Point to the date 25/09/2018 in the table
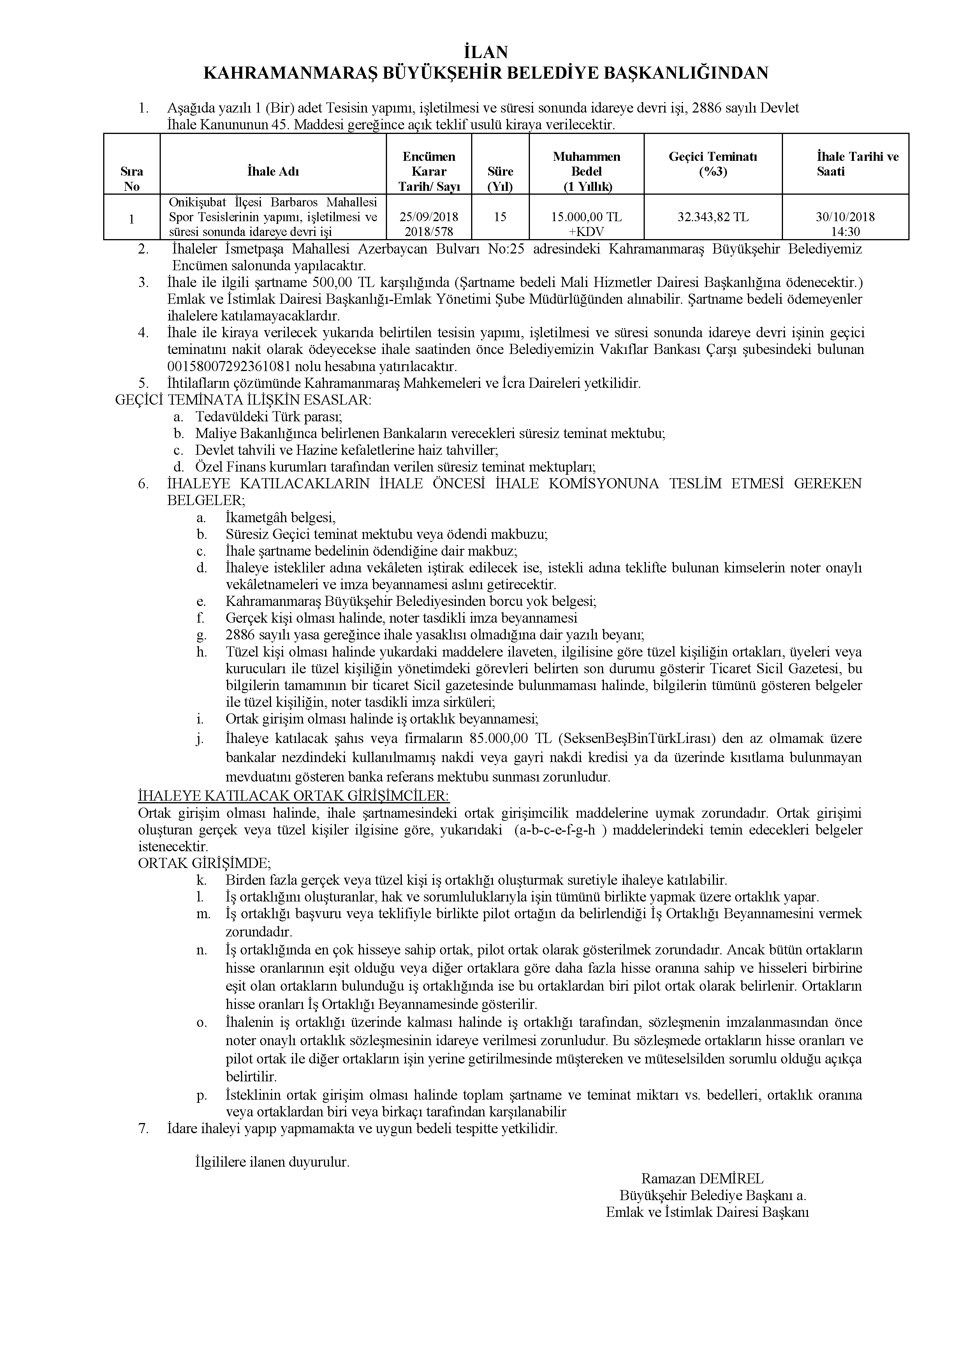[x=429, y=217]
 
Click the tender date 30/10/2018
[x=845, y=217]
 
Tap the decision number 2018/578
[x=429, y=231]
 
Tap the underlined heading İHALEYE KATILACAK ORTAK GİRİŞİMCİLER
[x=293, y=796]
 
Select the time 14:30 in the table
[x=845, y=231]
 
